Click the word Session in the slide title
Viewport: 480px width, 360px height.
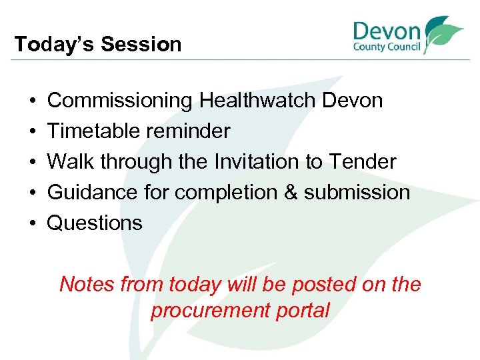tap(141, 45)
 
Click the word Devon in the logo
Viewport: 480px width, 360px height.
tap(387, 31)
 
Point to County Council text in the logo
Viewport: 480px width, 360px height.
tap(387, 48)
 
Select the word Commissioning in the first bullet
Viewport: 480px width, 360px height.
tap(119, 101)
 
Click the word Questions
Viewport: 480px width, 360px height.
tap(95, 223)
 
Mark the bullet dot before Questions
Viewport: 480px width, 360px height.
tap(33, 223)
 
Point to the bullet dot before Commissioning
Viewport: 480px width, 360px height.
tap(33, 101)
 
